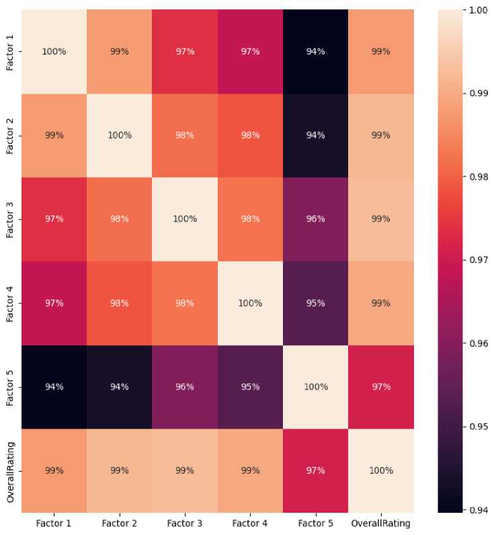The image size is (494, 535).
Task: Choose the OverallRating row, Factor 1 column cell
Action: [x=54, y=471]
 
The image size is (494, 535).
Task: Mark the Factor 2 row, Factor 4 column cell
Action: [x=249, y=135]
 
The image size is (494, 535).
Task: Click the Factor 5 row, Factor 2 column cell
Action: [x=119, y=387]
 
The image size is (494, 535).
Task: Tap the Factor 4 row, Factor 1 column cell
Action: [x=54, y=303]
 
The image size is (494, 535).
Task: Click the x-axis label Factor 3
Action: [x=184, y=522]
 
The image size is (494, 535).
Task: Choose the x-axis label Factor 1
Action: [x=54, y=522]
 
